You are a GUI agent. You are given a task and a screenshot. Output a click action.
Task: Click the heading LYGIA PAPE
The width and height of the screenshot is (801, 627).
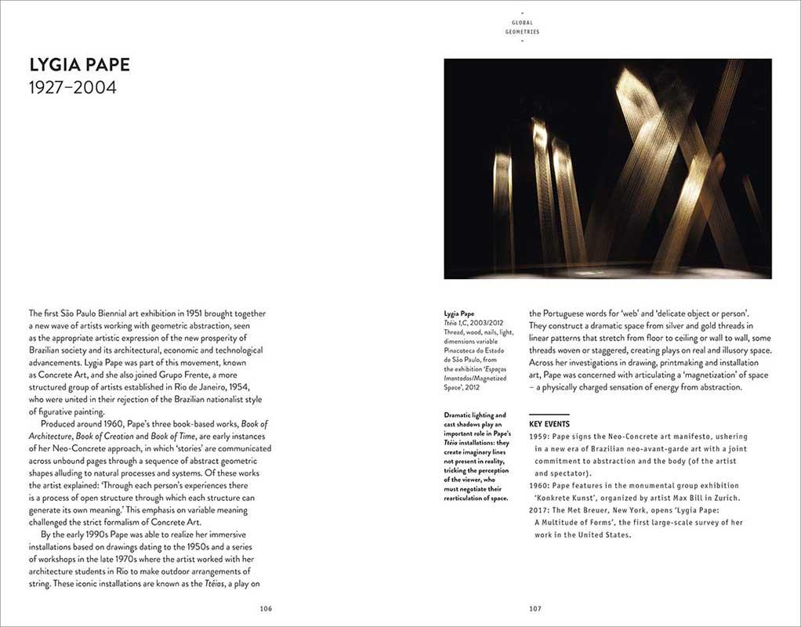click(x=80, y=63)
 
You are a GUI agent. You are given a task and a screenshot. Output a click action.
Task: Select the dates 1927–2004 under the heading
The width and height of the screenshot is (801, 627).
click(x=73, y=88)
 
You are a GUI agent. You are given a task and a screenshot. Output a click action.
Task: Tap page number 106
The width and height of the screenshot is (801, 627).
click(x=266, y=608)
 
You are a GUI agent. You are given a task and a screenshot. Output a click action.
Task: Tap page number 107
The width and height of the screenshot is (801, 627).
click(x=535, y=608)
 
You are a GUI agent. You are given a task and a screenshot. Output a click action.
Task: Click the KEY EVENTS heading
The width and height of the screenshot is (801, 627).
click(x=549, y=424)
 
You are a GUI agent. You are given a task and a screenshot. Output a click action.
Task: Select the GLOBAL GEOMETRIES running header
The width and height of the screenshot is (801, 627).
click(x=522, y=27)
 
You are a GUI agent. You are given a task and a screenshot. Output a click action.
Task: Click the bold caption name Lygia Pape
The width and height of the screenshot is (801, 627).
click(x=460, y=314)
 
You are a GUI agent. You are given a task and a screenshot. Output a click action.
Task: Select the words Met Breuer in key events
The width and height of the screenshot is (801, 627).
click(x=585, y=510)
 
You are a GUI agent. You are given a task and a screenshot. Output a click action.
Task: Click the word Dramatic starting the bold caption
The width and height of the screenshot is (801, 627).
click(x=460, y=415)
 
